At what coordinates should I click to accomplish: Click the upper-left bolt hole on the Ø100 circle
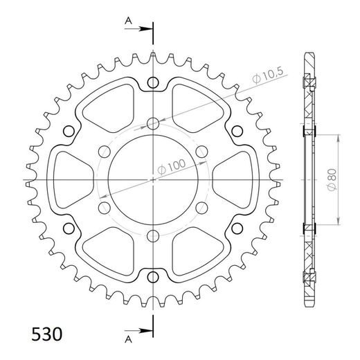tap(105, 152)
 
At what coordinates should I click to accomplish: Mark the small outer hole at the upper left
tap(67, 130)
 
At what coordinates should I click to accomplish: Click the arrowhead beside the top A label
tap(146, 29)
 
